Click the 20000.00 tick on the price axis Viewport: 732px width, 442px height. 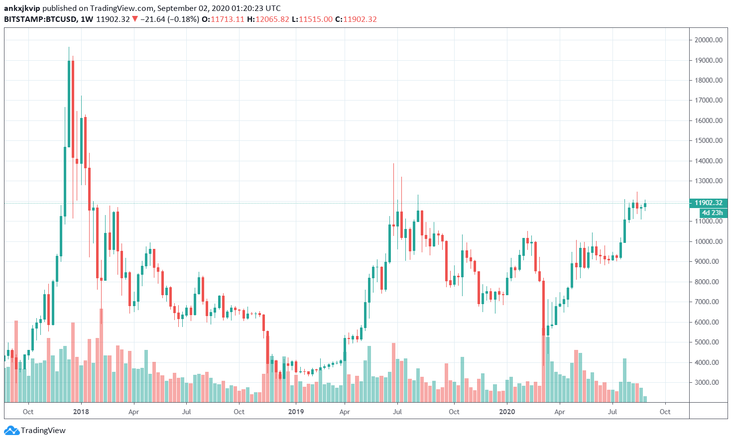point(708,40)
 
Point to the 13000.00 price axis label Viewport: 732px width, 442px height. point(708,181)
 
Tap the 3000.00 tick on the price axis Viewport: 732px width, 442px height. point(708,383)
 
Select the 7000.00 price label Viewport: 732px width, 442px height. point(708,302)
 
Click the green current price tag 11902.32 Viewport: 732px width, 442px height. point(708,203)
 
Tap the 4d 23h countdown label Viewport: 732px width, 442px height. point(712,213)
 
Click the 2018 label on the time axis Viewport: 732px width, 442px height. point(81,412)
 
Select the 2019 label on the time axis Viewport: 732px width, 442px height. point(296,412)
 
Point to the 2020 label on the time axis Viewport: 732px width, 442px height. point(507,412)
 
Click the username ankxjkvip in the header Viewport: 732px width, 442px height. point(22,8)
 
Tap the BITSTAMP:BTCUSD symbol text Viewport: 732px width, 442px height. point(40,19)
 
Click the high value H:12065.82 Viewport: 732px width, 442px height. point(268,19)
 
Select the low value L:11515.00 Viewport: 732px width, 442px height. point(312,19)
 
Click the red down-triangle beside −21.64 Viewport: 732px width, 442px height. point(135,19)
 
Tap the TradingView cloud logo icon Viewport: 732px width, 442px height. point(11,431)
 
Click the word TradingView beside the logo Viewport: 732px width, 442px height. point(43,431)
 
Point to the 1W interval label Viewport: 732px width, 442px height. point(87,19)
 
